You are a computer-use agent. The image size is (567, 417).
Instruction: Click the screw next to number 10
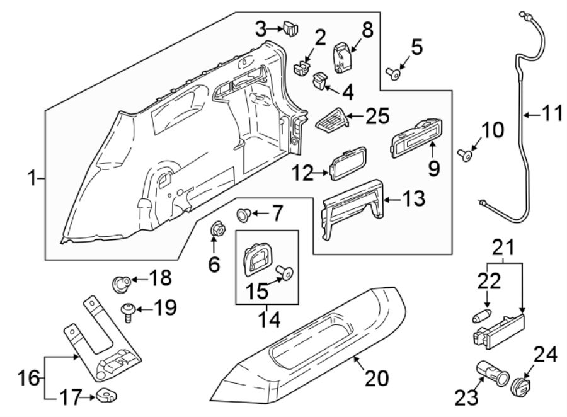point(467,153)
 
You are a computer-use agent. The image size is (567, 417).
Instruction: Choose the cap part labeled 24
point(521,386)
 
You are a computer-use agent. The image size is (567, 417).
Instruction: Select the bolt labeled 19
point(128,311)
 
